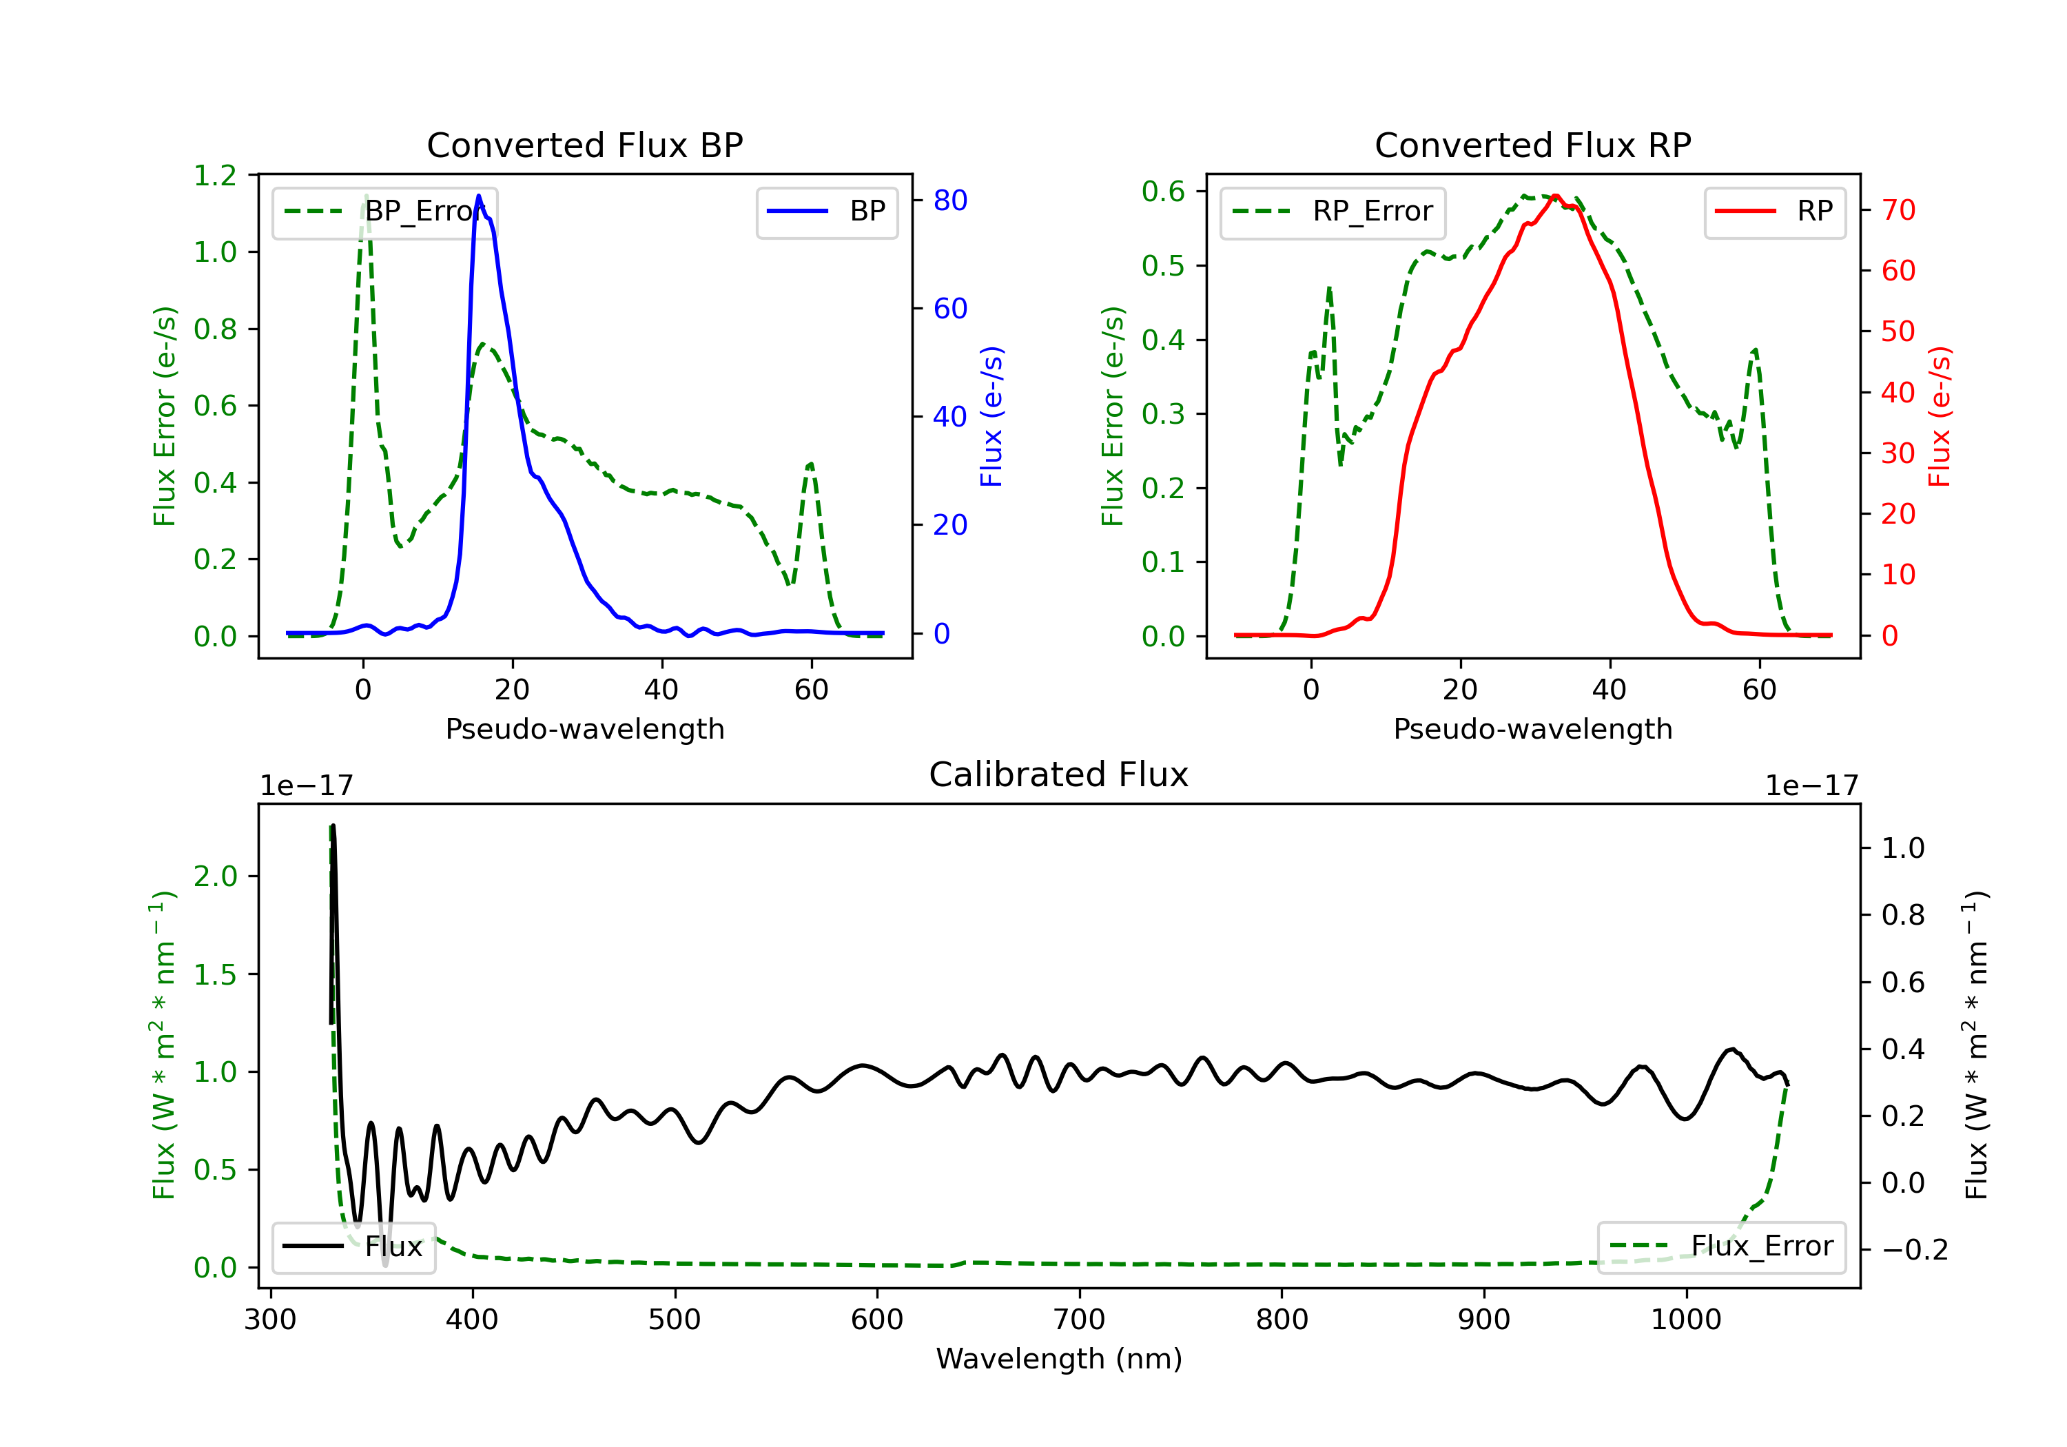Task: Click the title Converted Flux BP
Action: (x=584, y=145)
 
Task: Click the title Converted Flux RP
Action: (x=1532, y=145)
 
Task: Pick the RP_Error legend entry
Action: (x=1333, y=212)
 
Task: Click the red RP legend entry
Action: (x=1774, y=212)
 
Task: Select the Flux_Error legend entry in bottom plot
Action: (x=1721, y=1246)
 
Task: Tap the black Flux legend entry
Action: (x=354, y=1246)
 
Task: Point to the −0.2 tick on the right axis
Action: (x=1913, y=1250)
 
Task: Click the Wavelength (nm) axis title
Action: (x=1059, y=1359)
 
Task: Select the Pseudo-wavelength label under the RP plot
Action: (x=1532, y=728)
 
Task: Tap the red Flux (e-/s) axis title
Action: (x=1939, y=416)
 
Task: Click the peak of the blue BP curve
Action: (x=479, y=196)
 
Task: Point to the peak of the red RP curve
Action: (x=1556, y=196)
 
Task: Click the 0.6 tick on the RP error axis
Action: (x=1163, y=191)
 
